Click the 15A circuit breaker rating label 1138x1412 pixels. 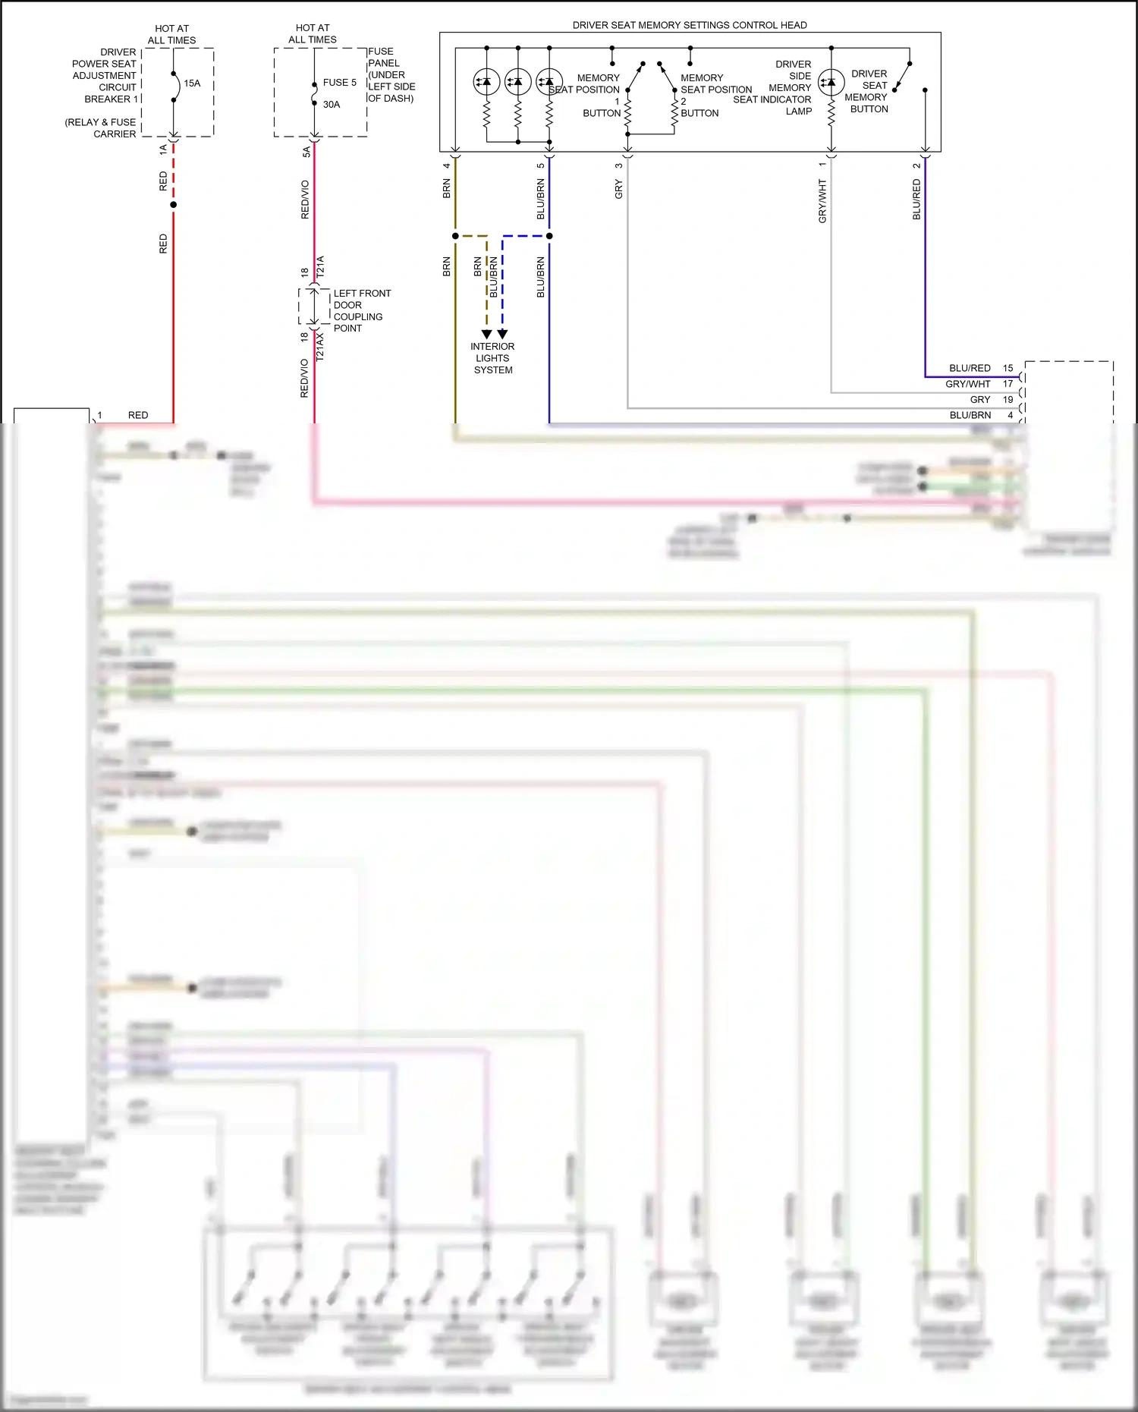coord(192,83)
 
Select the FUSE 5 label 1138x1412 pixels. coord(339,83)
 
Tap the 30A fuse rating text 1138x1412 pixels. coord(332,105)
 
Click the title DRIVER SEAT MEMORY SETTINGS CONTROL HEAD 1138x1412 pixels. coord(690,25)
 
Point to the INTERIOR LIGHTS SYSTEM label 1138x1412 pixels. coord(492,358)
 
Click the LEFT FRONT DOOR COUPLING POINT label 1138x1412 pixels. coord(362,310)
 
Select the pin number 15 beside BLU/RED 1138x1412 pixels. coord(1008,368)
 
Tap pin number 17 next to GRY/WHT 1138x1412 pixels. coord(1008,384)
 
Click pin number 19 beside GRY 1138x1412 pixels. coord(1008,400)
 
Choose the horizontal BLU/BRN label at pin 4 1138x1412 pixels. coord(970,416)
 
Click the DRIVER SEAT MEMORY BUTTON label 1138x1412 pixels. coord(868,91)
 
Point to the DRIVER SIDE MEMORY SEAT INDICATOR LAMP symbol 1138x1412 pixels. coord(831,82)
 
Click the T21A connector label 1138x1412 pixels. coord(320,266)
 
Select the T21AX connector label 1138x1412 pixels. coord(320,346)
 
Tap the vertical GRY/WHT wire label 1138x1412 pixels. coord(822,201)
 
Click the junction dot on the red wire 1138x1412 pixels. coord(174,205)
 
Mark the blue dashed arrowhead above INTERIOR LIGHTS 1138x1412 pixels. coord(502,334)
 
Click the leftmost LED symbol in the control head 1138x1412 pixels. coord(486,81)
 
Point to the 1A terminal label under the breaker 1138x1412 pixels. coord(163,150)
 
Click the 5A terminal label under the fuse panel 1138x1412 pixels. coord(307,152)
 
